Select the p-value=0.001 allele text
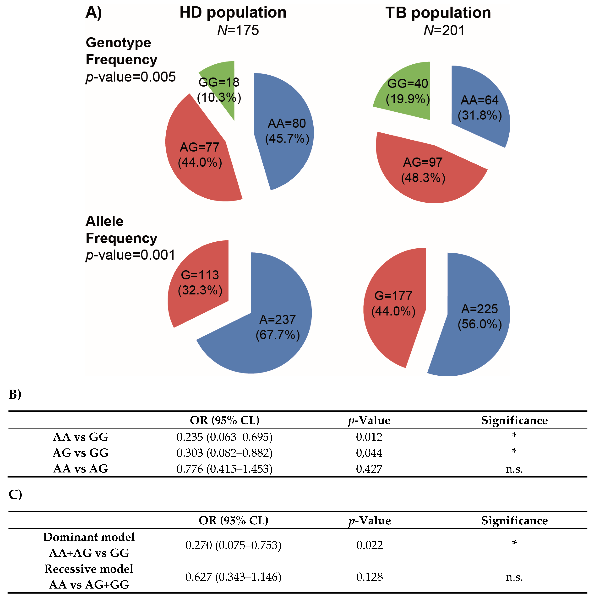click(130, 255)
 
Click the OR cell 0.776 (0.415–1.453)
click(225, 469)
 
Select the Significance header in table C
click(514, 521)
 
